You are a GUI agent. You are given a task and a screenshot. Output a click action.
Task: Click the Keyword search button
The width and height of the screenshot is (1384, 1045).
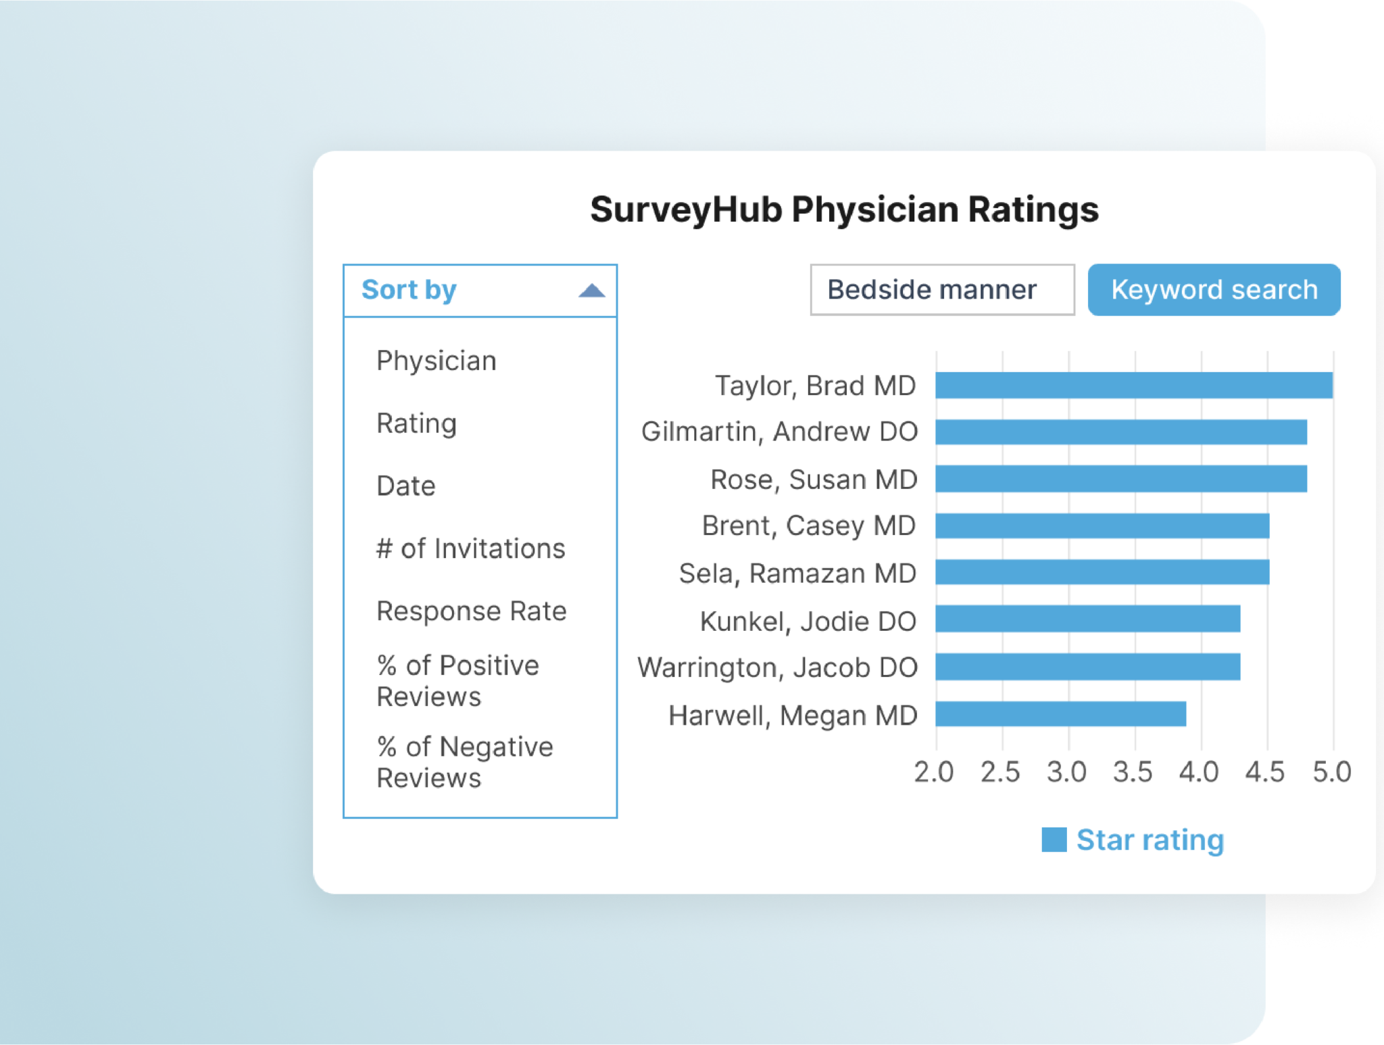pyautogui.click(x=1214, y=290)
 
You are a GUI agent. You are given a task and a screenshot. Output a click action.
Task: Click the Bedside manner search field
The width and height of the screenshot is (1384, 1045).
pyautogui.click(x=942, y=290)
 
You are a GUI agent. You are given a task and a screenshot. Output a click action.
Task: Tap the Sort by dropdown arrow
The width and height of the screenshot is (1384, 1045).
pyautogui.click(x=591, y=291)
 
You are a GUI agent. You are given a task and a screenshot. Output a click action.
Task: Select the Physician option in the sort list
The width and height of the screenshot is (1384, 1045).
pyautogui.click(x=437, y=361)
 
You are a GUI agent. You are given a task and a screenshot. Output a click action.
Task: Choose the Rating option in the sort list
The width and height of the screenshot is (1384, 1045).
pyautogui.click(x=416, y=424)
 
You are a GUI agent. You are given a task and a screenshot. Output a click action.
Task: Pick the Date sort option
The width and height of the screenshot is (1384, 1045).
pyautogui.click(x=405, y=486)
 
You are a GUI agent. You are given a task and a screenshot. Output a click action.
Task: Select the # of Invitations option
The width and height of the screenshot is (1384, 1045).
pyautogui.click(x=470, y=549)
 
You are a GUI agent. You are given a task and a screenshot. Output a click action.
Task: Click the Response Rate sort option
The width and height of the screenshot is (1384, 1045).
pyautogui.click(x=471, y=611)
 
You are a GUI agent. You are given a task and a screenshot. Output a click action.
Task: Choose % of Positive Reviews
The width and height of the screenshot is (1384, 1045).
pyautogui.click(x=458, y=681)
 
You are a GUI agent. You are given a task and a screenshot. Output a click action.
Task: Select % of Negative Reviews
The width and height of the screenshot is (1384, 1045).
pyautogui.click(x=464, y=762)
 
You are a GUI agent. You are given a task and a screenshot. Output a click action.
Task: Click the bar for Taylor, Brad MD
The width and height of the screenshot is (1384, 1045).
pyautogui.click(x=1133, y=385)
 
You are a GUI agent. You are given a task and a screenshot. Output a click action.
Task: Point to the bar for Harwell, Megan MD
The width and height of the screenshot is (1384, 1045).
pyautogui.click(x=1060, y=714)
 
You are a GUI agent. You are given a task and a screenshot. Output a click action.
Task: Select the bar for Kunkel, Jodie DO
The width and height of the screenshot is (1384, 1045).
pyautogui.click(x=1087, y=619)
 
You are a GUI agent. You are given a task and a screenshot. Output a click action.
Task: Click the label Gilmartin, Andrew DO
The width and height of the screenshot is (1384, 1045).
pyautogui.click(x=779, y=432)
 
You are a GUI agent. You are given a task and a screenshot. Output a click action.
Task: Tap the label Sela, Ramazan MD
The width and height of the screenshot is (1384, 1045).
pyautogui.click(x=797, y=574)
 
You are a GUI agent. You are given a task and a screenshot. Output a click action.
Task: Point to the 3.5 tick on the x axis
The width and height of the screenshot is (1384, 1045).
pyautogui.click(x=1133, y=771)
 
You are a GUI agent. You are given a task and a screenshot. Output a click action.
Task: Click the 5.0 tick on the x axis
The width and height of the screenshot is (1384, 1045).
pyautogui.click(x=1331, y=771)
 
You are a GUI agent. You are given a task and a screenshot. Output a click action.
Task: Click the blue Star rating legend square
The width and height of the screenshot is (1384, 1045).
pyautogui.click(x=1054, y=840)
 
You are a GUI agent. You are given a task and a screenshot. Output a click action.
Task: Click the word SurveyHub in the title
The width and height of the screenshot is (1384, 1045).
pyautogui.click(x=685, y=209)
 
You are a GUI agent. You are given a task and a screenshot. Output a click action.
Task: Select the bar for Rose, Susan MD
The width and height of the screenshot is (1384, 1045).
pyautogui.click(x=1120, y=479)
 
